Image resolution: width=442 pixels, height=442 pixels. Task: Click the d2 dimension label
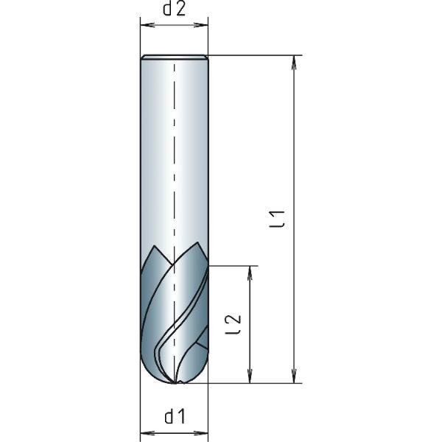point(174,9)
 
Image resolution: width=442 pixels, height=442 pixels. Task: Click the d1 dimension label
point(174,418)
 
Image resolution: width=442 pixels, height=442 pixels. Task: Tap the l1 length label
point(277,219)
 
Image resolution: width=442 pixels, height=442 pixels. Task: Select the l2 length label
point(234,324)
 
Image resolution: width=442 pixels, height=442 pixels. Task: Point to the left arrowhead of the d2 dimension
point(144,25)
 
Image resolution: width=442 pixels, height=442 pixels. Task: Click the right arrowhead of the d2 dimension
point(204,25)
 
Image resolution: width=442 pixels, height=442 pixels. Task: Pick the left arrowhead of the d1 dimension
point(144,432)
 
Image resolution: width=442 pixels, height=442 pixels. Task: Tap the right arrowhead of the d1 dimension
point(204,432)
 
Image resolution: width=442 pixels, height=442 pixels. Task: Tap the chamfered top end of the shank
point(174,57)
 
